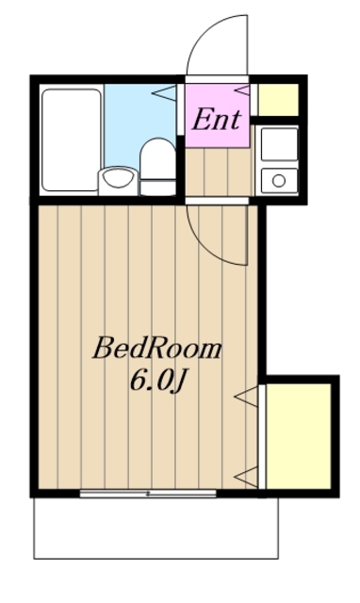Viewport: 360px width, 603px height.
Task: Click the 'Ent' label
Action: [218, 120]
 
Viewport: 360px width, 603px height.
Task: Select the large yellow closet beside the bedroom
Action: [299, 433]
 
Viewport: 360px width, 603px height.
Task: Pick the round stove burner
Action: [278, 179]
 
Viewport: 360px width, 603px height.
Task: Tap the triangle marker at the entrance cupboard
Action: [241, 91]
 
